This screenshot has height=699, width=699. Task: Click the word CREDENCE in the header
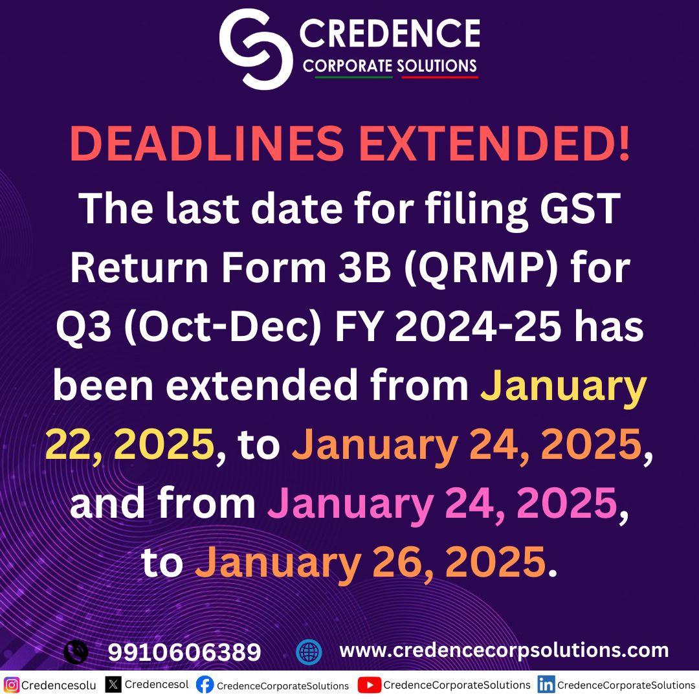pos(389,34)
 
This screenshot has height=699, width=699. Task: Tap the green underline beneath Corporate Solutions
pos(353,78)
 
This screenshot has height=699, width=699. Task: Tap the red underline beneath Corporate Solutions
pos(440,78)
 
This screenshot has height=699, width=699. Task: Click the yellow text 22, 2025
pos(129,445)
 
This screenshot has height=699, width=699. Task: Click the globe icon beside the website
pos(309,652)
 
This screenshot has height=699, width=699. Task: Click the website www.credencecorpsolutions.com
pos(504,650)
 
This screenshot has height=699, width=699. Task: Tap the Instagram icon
pos(12,685)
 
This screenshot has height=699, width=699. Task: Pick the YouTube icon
pos(369,685)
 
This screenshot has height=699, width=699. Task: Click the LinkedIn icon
pos(546,685)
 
